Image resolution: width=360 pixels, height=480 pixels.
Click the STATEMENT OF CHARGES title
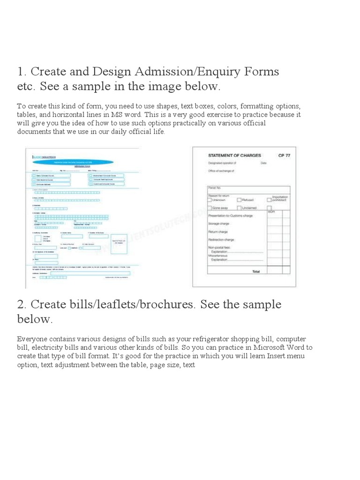tap(234, 155)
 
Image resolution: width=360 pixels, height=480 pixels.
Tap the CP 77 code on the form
tap(284, 155)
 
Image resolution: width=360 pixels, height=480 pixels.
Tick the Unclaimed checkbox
tap(239, 207)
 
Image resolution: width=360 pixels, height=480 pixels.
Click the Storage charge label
tap(218, 224)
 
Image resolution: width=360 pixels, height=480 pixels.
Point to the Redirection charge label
tap(221, 240)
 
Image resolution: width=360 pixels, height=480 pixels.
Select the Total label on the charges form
tap(256, 271)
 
